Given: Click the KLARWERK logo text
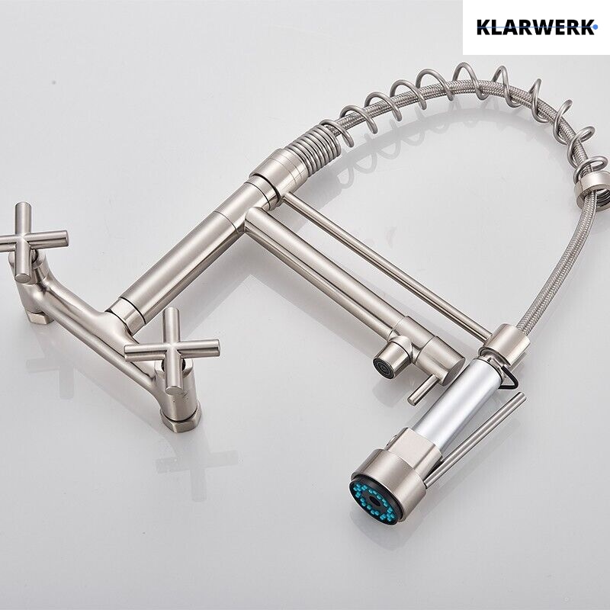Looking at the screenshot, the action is click(x=535, y=27).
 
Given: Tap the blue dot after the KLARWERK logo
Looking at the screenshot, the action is click(x=596, y=27).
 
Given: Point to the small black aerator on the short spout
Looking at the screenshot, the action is click(x=380, y=366).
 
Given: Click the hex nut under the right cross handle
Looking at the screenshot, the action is click(x=181, y=419).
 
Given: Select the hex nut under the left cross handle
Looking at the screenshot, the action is click(x=39, y=316).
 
